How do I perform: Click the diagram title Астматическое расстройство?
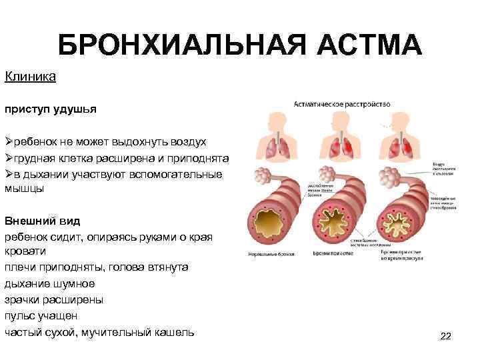(x=343, y=105)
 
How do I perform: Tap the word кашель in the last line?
(x=171, y=331)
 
